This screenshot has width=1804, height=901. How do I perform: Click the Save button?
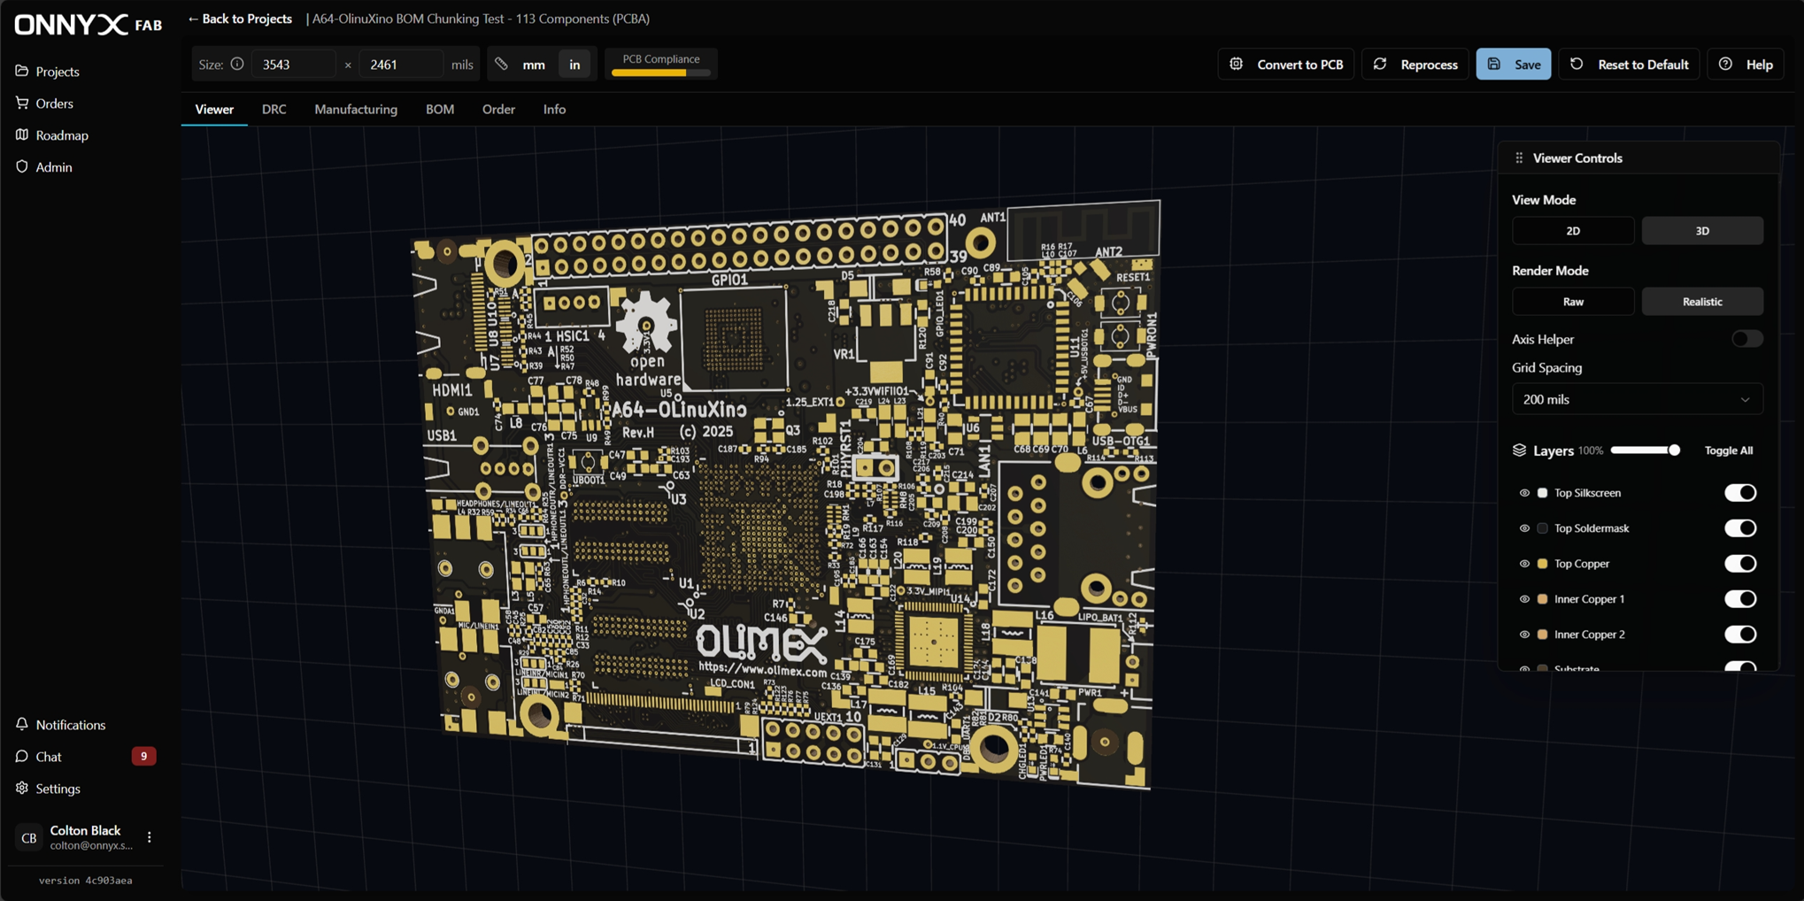pyautogui.click(x=1513, y=65)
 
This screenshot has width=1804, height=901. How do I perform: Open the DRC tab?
pyautogui.click(x=274, y=109)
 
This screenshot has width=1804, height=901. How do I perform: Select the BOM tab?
pyautogui.click(x=439, y=109)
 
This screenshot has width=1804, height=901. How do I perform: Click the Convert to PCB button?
pyautogui.click(x=1286, y=65)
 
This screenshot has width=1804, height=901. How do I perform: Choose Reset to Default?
pyautogui.click(x=1630, y=65)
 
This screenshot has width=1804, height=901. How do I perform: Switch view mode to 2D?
pyautogui.click(x=1572, y=231)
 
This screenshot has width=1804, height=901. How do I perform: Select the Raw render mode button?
pyautogui.click(x=1572, y=302)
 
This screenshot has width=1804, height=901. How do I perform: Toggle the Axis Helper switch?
pyautogui.click(x=1746, y=339)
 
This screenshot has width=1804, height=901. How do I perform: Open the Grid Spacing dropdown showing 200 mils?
pyautogui.click(x=1636, y=399)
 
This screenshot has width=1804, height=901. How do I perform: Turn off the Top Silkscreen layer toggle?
pyautogui.click(x=1739, y=493)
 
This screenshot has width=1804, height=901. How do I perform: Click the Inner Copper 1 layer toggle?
pyautogui.click(x=1739, y=599)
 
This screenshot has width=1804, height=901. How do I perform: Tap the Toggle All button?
pyautogui.click(x=1728, y=450)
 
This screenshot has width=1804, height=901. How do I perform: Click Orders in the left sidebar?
pyautogui.click(x=54, y=104)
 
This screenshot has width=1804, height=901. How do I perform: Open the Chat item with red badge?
pyautogui.click(x=50, y=757)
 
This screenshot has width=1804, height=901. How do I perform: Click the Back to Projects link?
pyautogui.click(x=240, y=19)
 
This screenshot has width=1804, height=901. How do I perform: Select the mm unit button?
pyautogui.click(x=534, y=65)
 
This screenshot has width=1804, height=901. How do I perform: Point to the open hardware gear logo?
pyautogui.click(x=646, y=324)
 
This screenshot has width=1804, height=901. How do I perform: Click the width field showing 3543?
pyautogui.click(x=293, y=65)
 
